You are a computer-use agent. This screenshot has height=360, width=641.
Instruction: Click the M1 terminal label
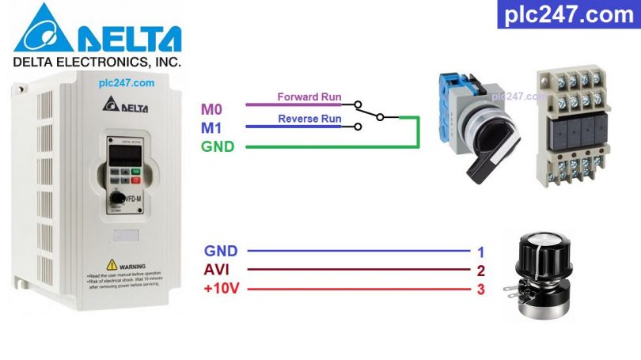(x=211, y=127)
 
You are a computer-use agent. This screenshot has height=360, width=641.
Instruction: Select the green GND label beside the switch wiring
(x=217, y=146)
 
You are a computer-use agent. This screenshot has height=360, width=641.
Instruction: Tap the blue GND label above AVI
(x=221, y=251)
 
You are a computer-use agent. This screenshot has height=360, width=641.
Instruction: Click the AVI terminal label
(x=217, y=270)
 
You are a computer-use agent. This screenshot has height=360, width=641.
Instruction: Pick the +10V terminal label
(x=221, y=289)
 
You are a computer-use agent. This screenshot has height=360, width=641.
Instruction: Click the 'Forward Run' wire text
(x=309, y=97)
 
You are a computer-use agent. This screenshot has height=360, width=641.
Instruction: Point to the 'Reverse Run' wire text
(x=309, y=119)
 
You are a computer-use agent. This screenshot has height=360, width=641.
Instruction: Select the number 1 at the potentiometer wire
(x=480, y=252)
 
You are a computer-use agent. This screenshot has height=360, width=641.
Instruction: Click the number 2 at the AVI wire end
(x=480, y=271)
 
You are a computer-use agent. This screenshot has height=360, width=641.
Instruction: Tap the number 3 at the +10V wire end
(x=480, y=290)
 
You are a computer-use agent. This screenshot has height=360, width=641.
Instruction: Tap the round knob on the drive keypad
(x=118, y=197)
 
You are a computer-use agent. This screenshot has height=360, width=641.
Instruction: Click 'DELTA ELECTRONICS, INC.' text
(x=97, y=61)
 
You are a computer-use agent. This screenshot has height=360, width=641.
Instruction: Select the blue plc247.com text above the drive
(x=127, y=81)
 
